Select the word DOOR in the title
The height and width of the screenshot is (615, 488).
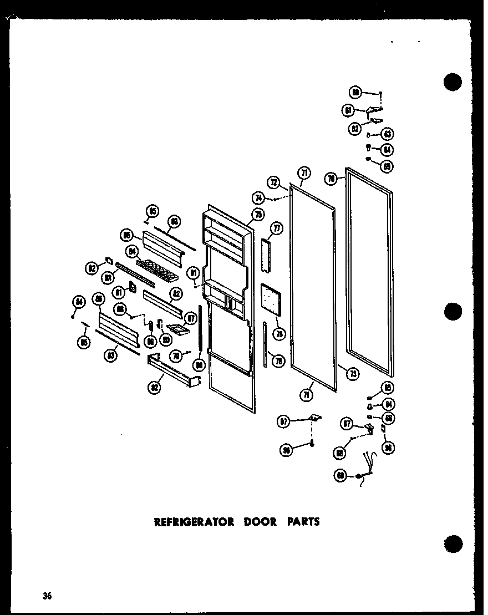point(259,521)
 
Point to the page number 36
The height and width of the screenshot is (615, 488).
point(47,596)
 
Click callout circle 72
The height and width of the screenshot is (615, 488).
point(273,182)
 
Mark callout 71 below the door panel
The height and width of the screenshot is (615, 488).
point(306,394)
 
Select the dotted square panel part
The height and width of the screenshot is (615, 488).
point(272,299)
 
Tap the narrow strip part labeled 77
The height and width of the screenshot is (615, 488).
point(267,255)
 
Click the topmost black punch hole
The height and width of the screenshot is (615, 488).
point(453,82)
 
